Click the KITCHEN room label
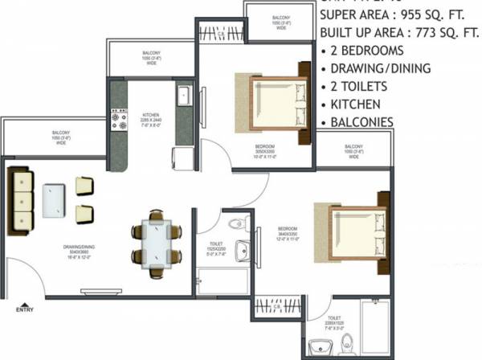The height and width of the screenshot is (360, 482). coord(153,115)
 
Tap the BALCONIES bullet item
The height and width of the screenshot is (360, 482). coord(361,122)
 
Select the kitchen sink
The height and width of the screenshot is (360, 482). coord(183,95)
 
